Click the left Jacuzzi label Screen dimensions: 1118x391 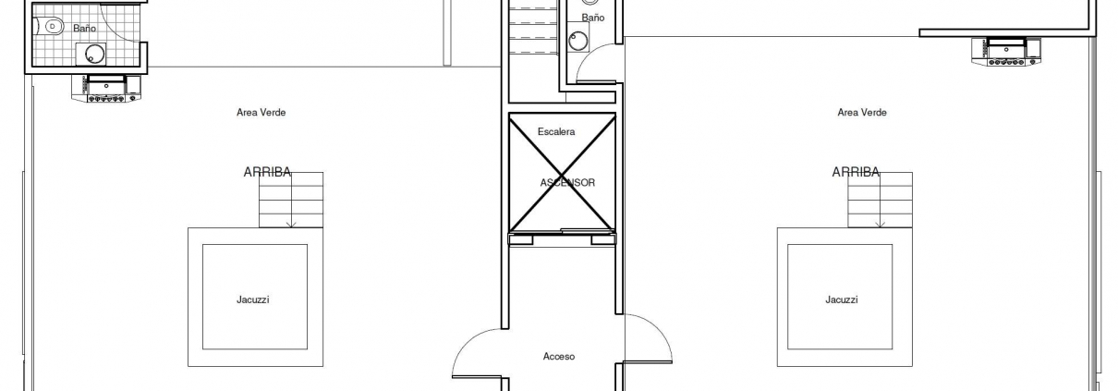tap(252, 299)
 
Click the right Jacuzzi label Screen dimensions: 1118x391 tap(842, 299)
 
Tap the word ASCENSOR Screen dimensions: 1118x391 tap(567, 183)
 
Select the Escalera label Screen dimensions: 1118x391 tap(556, 132)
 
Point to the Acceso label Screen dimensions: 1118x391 tap(559, 357)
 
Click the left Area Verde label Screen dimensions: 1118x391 tap(261, 113)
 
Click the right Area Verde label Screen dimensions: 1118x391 tap(862, 113)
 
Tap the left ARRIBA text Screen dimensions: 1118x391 tap(267, 172)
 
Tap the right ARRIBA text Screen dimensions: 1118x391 tap(856, 172)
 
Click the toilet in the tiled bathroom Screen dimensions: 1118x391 tap(52, 26)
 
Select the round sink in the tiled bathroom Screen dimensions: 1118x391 tap(94, 54)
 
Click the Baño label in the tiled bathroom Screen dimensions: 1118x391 tap(84, 29)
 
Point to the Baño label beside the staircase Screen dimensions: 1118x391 tap(593, 18)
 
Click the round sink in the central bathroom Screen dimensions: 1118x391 tap(579, 40)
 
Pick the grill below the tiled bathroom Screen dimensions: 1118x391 tap(106, 89)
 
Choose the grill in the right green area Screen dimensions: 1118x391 tap(1006, 52)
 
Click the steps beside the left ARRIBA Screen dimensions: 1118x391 tap(291, 200)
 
